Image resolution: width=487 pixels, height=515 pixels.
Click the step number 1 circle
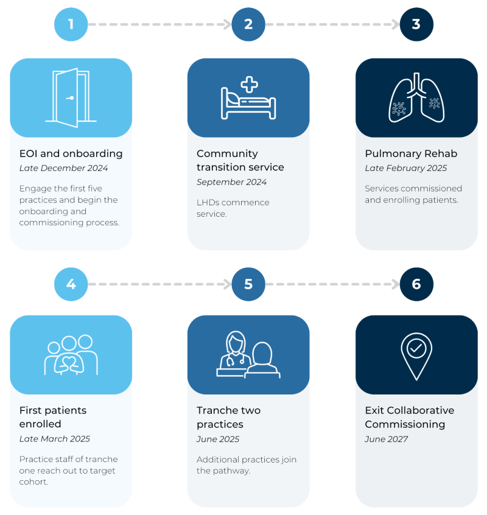(x=71, y=25)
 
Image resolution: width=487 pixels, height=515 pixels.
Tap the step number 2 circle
(x=248, y=25)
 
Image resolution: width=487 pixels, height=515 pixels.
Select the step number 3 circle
(x=416, y=25)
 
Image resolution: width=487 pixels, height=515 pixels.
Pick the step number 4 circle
(x=71, y=284)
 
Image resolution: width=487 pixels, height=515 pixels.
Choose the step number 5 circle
(x=248, y=284)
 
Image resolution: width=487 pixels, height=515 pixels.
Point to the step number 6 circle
(x=416, y=284)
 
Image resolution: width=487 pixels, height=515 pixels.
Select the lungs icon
(x=416, y=98)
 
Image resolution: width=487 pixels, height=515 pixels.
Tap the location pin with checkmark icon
(x=416, y=356)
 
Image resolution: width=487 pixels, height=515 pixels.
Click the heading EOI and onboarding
(x=71, y=153)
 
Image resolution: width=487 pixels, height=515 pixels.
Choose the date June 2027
(x=386, y=439)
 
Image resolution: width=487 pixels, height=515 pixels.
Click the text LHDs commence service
(x=233, y=208)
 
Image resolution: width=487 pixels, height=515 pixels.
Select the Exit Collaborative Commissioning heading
(x=410, y=418)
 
